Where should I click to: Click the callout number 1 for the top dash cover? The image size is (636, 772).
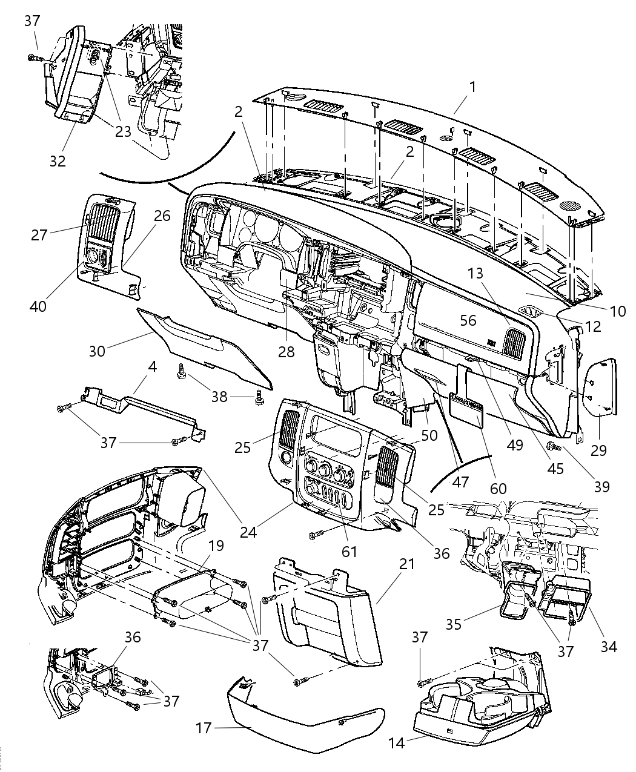(x=472, y=87)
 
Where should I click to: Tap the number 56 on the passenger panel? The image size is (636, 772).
(x=468, y=320)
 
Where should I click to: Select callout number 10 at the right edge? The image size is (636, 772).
(x=617, y=311)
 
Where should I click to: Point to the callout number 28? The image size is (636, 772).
(x=286, y=351)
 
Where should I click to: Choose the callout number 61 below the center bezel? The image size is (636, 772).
(x=349, y=551)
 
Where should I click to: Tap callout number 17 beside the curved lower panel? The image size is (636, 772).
(x=204, y=727)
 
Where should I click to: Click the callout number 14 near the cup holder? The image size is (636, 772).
(x=397, y=743)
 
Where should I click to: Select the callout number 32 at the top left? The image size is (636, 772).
(x=58, y=160)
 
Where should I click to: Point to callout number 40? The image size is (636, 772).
(x=38, y=306)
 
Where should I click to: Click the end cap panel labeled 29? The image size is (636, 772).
(x=603, y=388)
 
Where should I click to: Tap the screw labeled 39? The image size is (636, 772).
(x=554, y=447)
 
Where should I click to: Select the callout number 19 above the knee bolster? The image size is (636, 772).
(x=216, y=546)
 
